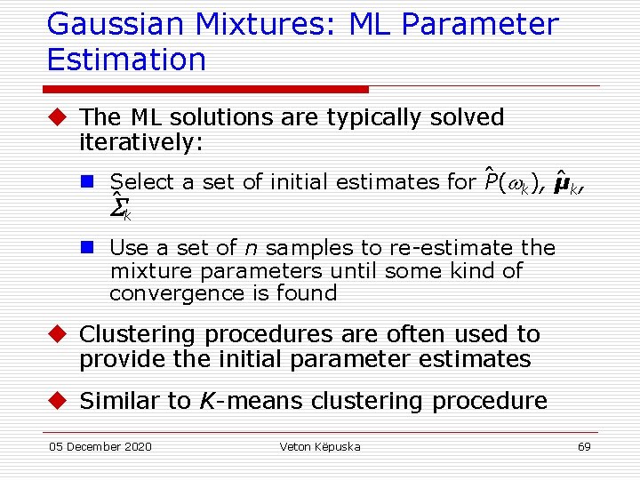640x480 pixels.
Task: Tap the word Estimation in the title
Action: tap(126, 60)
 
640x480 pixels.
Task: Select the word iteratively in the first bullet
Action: tap(141, 141)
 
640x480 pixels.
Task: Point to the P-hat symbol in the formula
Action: tap(490, 183)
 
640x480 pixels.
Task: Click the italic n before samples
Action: tap(251, 248)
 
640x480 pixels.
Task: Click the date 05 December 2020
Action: tap(100, 446)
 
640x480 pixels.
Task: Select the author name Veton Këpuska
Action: tap(320, 446)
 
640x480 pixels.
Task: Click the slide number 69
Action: tap(583, 446)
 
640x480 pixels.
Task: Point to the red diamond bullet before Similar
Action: tap(59, 401)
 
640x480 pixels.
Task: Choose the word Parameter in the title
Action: tap(481, 24)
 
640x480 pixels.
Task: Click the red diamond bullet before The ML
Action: tap(59, 117)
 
